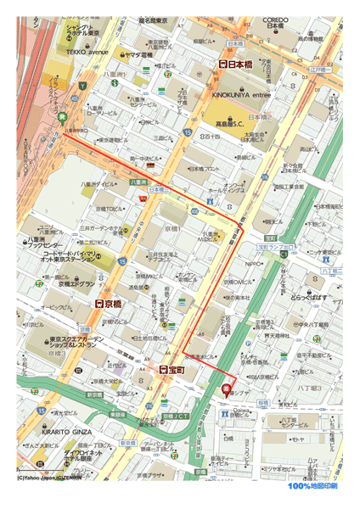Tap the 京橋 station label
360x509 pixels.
coord(110,303)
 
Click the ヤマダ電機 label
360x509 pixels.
coord(138,55)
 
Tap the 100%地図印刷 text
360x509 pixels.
coord(312,486)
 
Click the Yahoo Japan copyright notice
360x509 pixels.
coord(49,478)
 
